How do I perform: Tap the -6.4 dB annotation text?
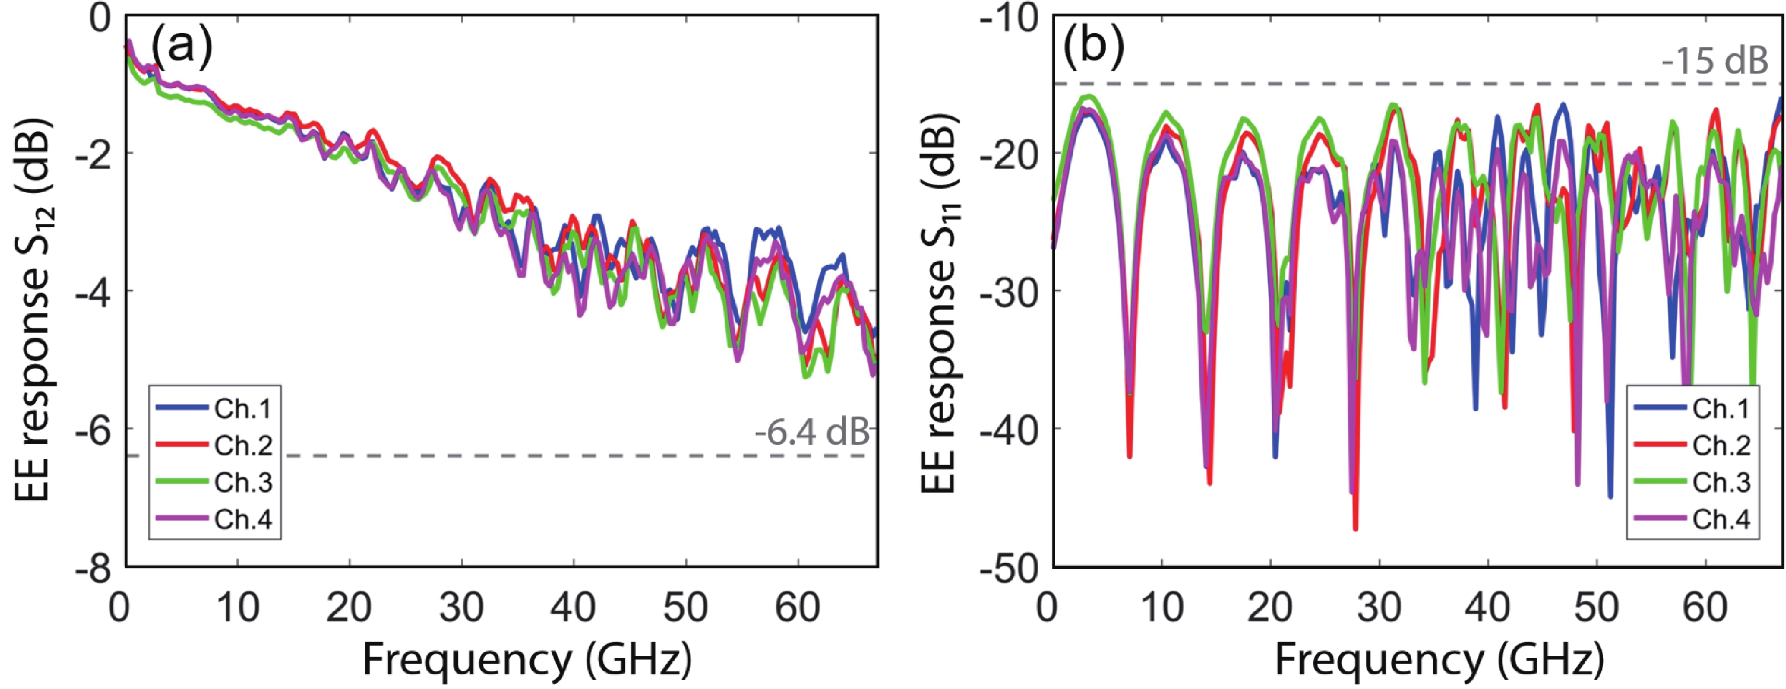point(812,432)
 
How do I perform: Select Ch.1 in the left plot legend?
point(243,409)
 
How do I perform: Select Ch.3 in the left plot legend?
point(243,482)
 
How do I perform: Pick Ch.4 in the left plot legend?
point(243,518)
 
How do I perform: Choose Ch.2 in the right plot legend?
point(1721,445)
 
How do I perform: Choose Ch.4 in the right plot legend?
point(1721,518)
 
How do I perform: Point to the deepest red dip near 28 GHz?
point(1356,529)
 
